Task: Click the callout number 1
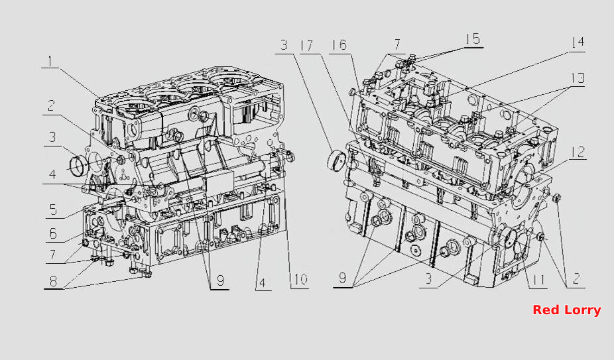(x=50, y=61)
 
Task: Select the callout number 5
(x=53, y=210)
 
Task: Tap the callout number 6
(x=53, y=234)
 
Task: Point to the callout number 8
(x=53, y=280)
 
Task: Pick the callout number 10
(x=299, y=280)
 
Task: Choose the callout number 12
(x=578, y=152)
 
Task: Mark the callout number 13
(x=577, y=78)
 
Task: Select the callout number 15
(x=473, y=38)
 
